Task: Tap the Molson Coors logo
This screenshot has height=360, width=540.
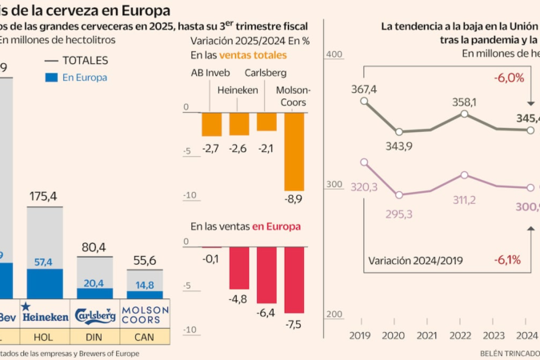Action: [x=145, y=315]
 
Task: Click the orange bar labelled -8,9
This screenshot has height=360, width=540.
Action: [x=294, y=153]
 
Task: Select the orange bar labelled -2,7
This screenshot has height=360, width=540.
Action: [x=211, y=125]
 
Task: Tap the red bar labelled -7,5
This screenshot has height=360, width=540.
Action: [x=294, y=279]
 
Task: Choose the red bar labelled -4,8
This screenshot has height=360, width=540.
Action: [x=239, y=268]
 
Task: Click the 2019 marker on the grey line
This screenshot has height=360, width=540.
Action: [x=365, y=102]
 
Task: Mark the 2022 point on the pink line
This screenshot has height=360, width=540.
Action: [x=466, y=174]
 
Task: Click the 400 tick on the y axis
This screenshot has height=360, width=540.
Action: [x=334, y=54]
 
